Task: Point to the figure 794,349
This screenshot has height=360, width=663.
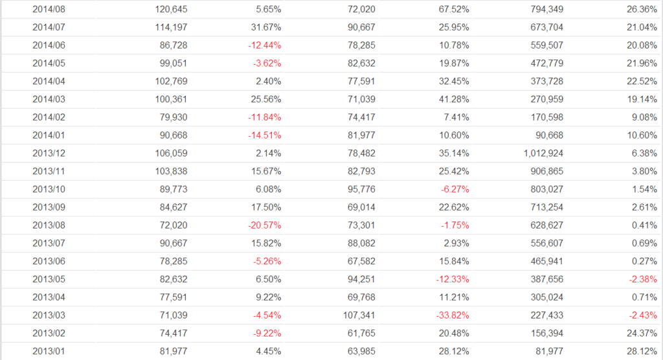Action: pos(545,10)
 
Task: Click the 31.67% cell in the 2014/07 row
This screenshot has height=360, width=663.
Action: pos(264,28)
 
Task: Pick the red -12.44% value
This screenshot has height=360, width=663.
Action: pos(263,46)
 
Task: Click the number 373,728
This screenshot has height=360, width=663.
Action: pos(545,82)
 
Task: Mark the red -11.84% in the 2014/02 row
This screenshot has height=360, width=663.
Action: pos(263,118)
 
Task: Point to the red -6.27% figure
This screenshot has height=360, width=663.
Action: pos(454,190)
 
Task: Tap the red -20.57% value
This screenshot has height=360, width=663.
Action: pos(263,225)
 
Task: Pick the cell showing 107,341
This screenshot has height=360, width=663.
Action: pos(357,315)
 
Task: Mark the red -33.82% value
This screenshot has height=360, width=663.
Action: pos(451,315)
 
